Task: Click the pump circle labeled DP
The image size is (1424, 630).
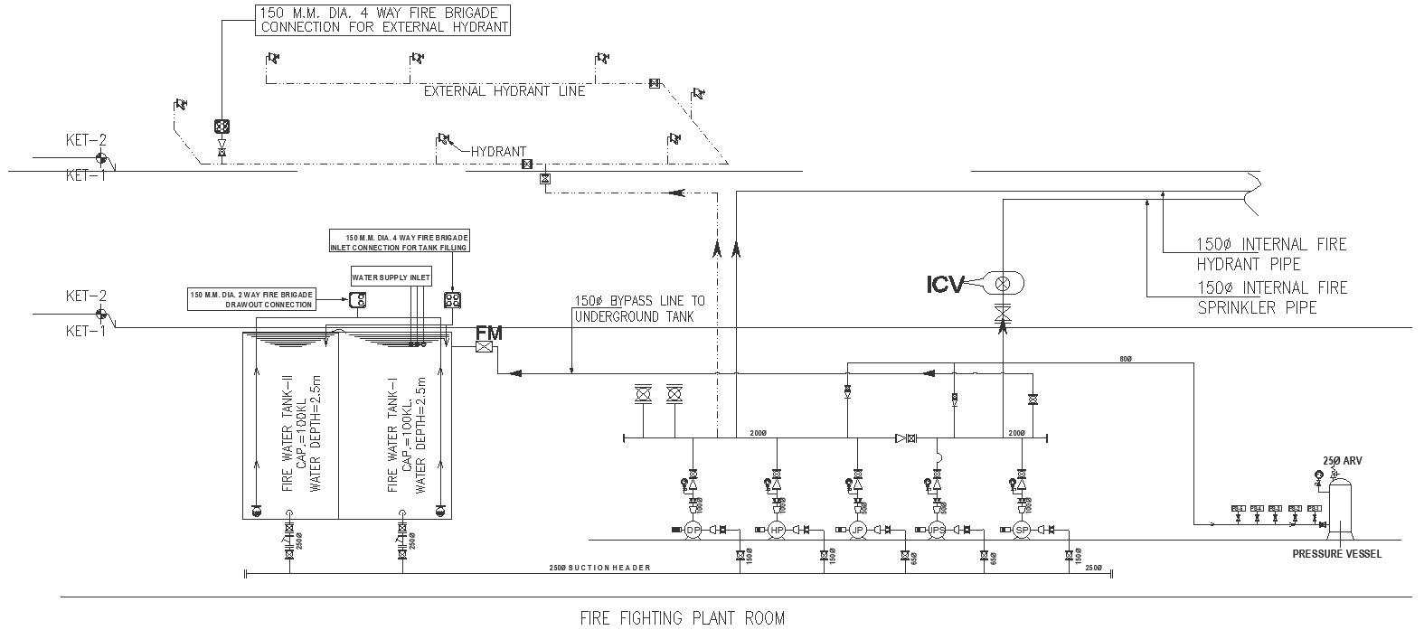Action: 693,530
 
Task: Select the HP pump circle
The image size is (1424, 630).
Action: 776,530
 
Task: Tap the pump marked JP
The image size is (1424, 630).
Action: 858,530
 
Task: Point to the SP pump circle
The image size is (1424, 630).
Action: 1022,530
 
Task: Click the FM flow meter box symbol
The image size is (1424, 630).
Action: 486,347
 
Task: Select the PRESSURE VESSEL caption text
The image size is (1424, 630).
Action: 1336,554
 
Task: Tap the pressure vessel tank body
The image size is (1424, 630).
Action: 1340,504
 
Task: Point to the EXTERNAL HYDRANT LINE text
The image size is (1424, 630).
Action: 505,91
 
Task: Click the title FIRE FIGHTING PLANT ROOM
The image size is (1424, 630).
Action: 682,618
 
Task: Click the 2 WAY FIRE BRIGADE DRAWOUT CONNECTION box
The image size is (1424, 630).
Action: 252,299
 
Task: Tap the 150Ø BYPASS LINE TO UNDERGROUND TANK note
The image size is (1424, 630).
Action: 639,308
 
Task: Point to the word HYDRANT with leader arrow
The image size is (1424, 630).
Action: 498,152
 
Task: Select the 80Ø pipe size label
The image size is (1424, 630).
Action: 1125,360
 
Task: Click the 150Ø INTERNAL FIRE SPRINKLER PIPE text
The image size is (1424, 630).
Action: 1271,297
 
